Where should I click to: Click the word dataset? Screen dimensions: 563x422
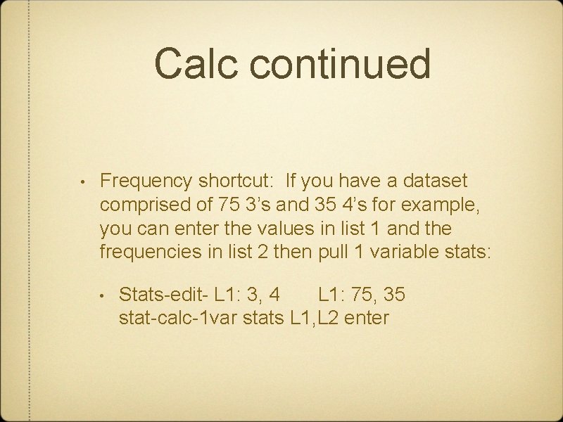(435, 181)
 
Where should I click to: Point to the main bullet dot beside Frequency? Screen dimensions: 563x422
(83, 182)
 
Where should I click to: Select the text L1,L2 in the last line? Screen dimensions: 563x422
(314, 318)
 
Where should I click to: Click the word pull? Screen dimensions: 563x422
(325, 252)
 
